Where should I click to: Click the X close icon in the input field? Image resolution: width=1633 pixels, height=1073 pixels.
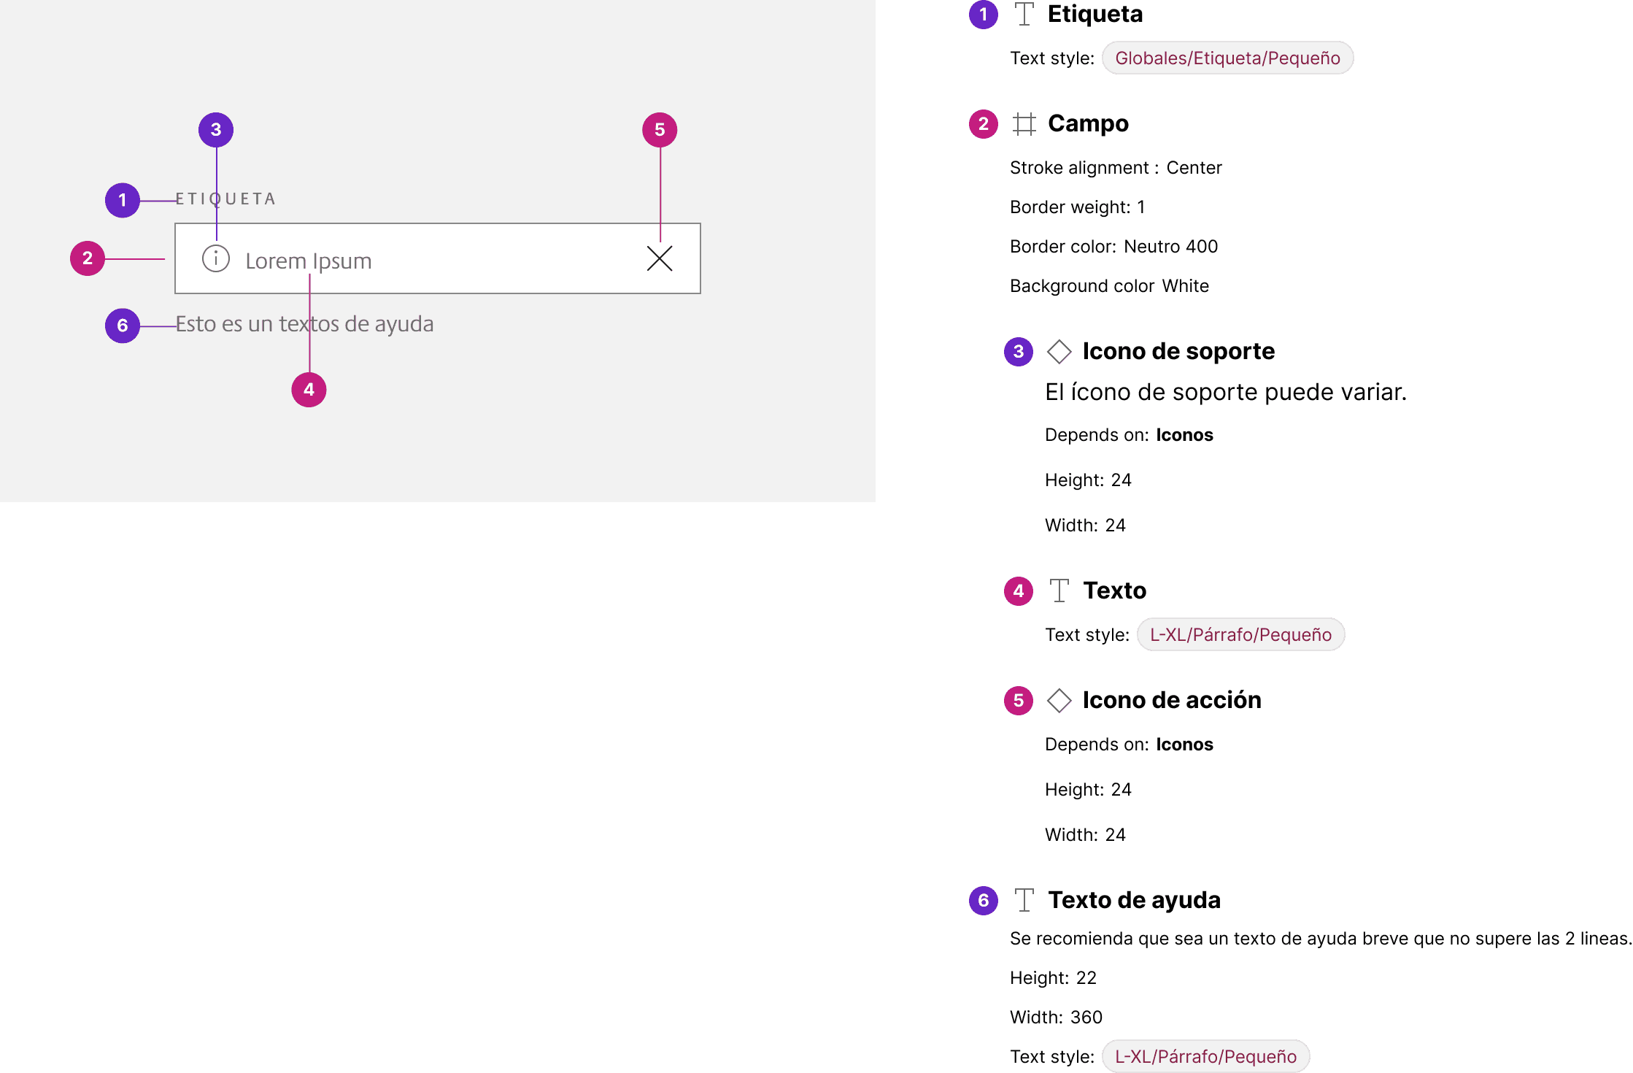[660, 258]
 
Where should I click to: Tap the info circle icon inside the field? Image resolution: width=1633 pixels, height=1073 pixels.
[216, 258]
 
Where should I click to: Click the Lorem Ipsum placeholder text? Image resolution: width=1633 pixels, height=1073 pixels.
[308, 261]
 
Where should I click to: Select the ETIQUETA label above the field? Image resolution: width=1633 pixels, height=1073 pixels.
[225, 199]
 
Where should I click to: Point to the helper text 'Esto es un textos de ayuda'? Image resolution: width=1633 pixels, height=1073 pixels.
[304, 323]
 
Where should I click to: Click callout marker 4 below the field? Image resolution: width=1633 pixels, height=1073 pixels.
[309, 390]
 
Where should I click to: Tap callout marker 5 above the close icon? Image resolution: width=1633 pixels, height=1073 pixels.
[660, 130]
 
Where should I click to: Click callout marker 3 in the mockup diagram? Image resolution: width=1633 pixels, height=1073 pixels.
[216, 130]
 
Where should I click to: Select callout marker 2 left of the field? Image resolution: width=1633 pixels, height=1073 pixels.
[88, 258]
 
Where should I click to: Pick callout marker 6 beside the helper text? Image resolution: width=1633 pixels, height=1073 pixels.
[123, 326]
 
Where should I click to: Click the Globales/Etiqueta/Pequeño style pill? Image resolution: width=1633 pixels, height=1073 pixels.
[1227, 58]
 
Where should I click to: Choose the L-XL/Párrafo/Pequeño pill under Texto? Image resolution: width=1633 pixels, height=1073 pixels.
[1240, 635]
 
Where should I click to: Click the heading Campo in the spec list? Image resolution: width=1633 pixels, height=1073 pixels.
[1088, 124]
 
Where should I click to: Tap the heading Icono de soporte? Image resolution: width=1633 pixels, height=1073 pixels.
[1178, 352]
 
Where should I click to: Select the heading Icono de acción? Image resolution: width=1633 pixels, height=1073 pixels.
[1172, 701]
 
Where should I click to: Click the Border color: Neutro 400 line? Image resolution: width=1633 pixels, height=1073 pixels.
[1113, 247]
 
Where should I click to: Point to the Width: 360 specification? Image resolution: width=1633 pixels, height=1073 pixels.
[1056, 1018]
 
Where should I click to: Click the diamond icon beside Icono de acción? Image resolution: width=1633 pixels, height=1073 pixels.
[1059, 701]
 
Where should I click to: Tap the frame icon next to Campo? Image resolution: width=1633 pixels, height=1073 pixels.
[1024, 125]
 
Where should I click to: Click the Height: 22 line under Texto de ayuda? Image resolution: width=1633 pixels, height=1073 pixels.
[1053, 978]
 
